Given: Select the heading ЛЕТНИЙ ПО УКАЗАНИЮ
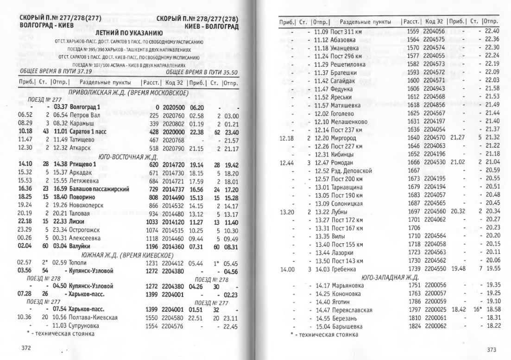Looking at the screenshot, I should (x=128, y=33).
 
